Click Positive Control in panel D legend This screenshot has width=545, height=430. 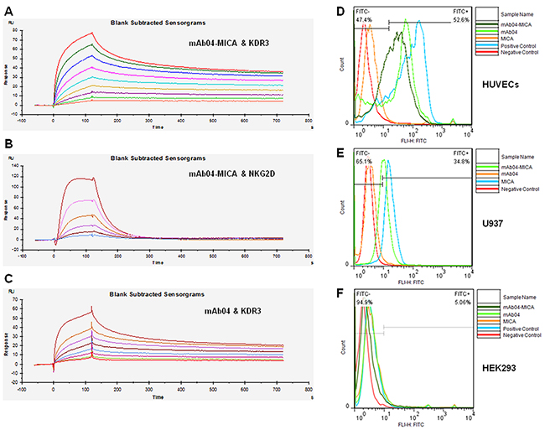511,47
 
